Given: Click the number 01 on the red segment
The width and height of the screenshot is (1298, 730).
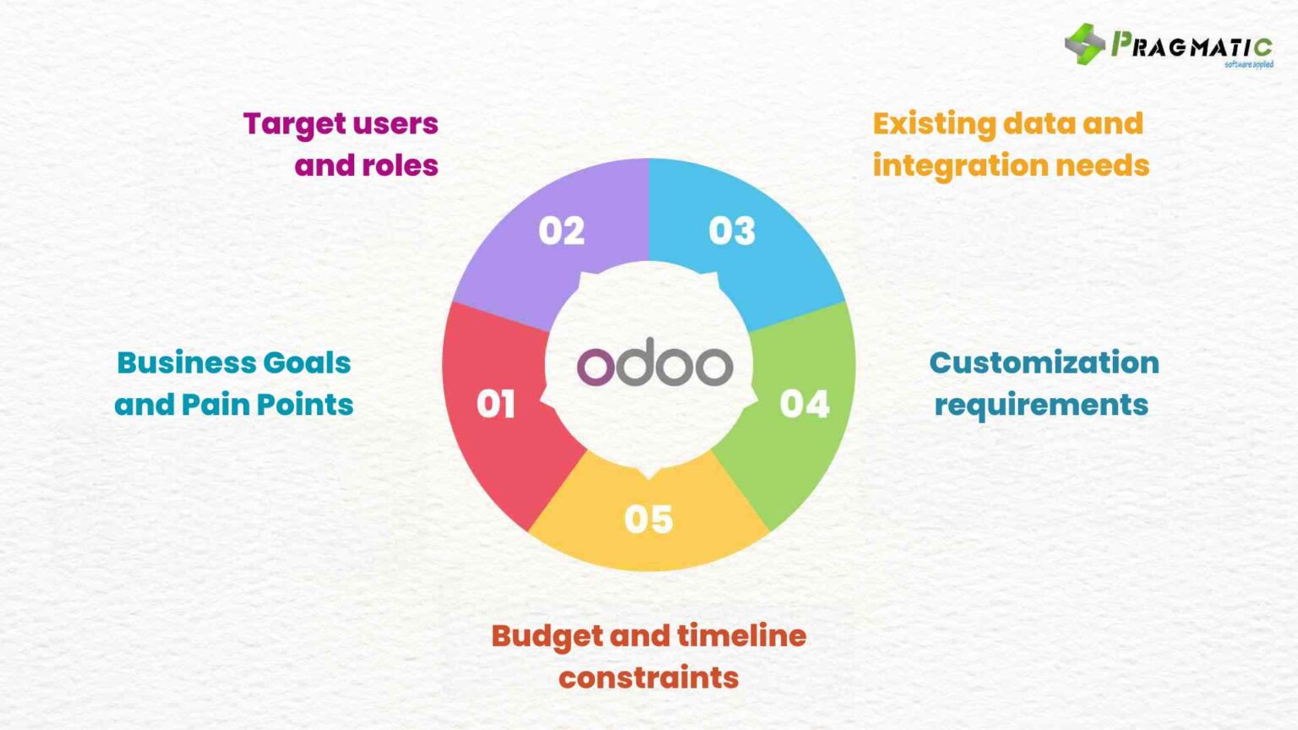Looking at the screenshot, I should [495, 404].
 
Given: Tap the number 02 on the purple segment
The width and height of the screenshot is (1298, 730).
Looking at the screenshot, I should [561, 231].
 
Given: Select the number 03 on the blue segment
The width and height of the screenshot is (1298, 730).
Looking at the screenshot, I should [732, 231].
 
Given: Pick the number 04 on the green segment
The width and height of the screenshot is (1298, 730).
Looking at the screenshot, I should [804, 404].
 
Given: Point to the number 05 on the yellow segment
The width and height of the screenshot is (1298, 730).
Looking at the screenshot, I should [648, 519].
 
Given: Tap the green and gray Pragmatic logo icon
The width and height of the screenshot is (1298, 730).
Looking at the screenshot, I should [1085, 44].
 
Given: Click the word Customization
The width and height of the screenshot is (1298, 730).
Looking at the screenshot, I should [1044, 362].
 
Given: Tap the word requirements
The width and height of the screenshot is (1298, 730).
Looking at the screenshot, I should [1041, 405].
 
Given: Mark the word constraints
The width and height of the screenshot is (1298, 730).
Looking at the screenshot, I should [648, 678].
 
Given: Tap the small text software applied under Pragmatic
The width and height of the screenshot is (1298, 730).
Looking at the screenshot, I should [1248, 64].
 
